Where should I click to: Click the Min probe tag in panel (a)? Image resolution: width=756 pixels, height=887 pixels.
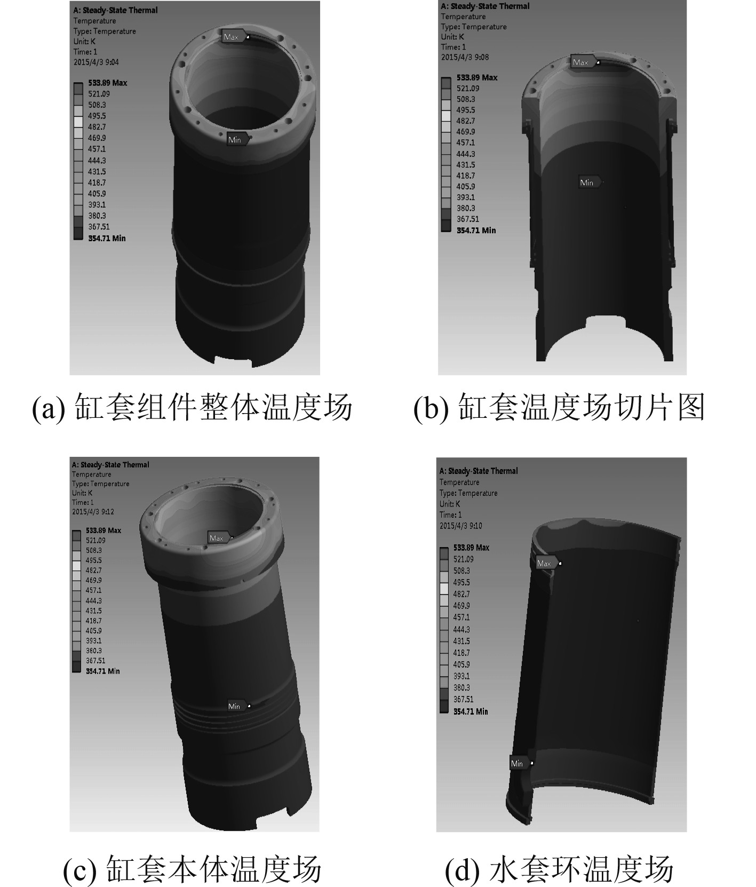coord(238,139)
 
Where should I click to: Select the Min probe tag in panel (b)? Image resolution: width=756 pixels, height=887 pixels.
coord(590,183)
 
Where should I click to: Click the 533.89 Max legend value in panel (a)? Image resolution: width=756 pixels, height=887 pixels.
coord(107,83)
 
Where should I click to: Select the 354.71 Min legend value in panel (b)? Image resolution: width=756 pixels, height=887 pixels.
coord(476,230)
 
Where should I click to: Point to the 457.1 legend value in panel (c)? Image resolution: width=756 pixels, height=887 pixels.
coord(93,590)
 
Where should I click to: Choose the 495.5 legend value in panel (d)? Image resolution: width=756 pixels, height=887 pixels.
coord(461,582)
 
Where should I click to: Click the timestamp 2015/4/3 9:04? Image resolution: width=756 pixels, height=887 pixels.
coord(96,62)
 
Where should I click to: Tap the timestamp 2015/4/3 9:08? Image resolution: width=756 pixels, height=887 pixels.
coord(465,57)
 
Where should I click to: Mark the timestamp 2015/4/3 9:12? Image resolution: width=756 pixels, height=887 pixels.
coord(93,511)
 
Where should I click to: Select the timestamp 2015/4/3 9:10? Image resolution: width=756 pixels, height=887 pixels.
coord(460,526)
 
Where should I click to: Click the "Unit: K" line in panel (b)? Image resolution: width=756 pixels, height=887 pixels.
coord(452,37)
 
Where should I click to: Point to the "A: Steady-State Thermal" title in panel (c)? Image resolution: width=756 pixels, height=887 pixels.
coord(110,464)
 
